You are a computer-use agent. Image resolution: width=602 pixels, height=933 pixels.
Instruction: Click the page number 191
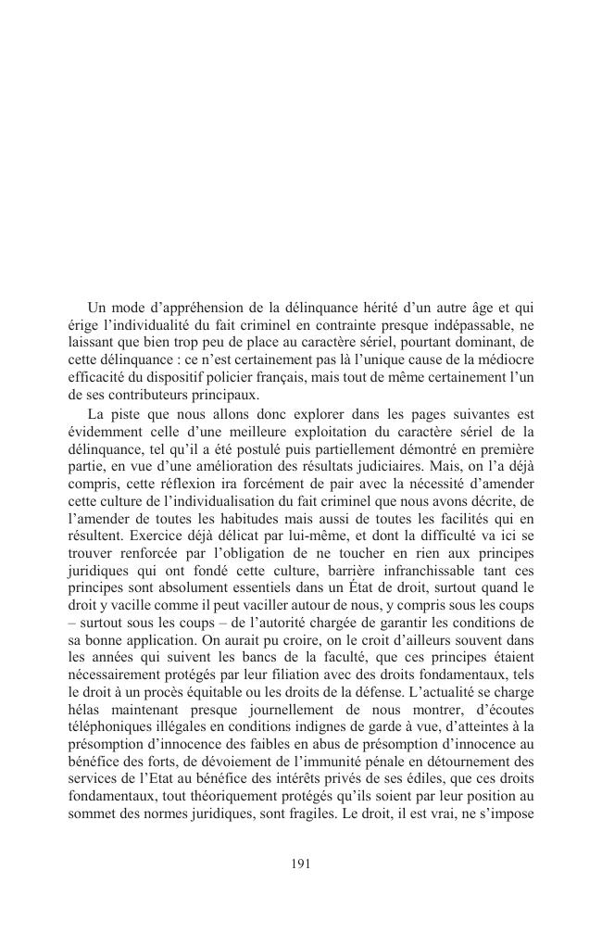point(300,863)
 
